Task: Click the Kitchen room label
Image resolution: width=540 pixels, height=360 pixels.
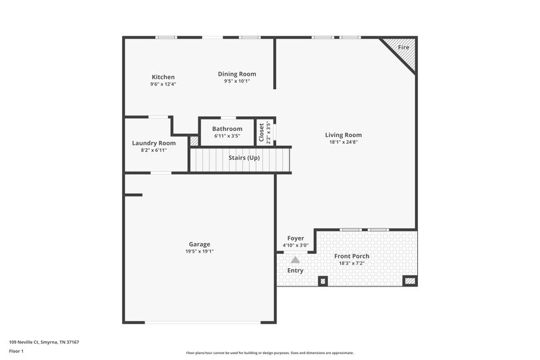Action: pyautogui.click(x=163, y=77)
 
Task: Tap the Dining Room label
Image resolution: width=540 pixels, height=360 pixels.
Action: pyautogui.click(x=237, y=74)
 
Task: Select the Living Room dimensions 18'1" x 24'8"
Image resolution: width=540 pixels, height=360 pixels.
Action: pyautogui.click(x=344, y=142)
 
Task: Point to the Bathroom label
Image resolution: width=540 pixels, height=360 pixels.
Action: pyautogui.click(x=227, y=128)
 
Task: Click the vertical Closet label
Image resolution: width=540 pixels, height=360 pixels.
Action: pyautogui.click(x=261, y=132)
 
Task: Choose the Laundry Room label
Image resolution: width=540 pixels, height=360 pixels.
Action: pyautogui.click(x=153, y=143)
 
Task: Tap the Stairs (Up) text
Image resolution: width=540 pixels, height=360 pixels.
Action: pyautogui.click(x=244, y=157)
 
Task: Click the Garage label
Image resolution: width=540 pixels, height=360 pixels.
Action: pyautogui.click(x=199, y=244)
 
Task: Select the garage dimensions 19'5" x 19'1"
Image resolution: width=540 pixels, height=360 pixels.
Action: pyautogui.click(x=199, y=251)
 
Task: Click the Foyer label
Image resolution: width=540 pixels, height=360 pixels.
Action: pyautogui.click(x=296, y=238)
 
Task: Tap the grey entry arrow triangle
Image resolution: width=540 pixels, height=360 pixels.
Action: pyautogui.click(x=295, y=259)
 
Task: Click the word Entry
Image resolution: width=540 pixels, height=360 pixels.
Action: pyautogui.click(x=295, y=270)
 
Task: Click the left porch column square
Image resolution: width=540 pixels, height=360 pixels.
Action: pyautogui.click(x=323, y=281)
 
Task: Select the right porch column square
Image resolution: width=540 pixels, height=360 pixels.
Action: pyautogui.click(x=410, y=280)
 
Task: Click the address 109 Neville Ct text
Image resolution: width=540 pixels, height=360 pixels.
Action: pyautogui.click(x=44, y=342)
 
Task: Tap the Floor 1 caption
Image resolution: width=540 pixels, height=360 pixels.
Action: pyautogui.click(x=16, y=351)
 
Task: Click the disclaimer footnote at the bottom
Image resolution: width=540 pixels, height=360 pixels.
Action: pyautogui.click(x=269, y=353)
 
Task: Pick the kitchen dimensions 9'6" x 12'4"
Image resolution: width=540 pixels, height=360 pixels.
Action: pyautogui.click(x=163, y=84)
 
